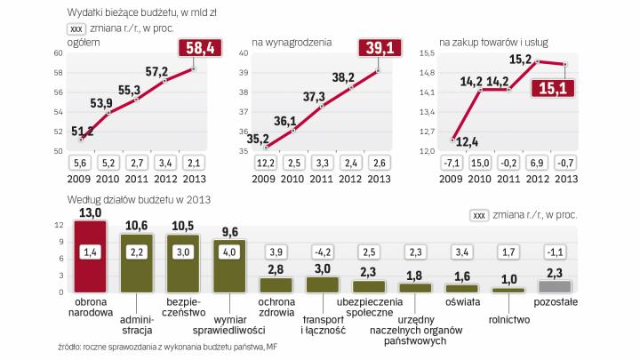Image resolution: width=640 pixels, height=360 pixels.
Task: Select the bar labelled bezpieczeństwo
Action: pyautogui.click(x=184, y=263)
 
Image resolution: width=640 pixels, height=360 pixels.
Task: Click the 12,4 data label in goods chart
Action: pyautogui.click(x=468, y=140)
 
